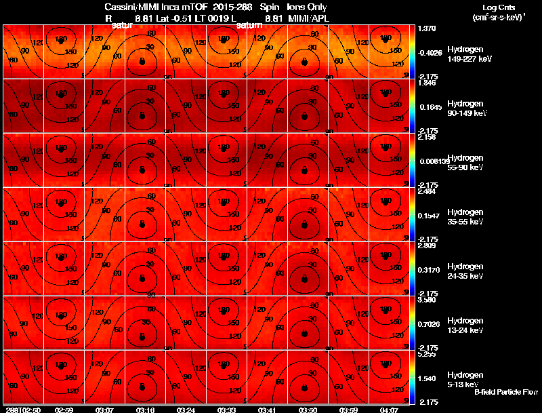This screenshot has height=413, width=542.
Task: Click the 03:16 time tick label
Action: [x=146, y=410]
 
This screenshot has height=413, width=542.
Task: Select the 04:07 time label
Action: [x=389, y=410]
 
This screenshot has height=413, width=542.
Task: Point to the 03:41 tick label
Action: [x=268, y=410]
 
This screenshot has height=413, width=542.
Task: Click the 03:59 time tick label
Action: [x=348, y=410]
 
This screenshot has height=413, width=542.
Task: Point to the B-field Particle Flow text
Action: [x=506, y=392]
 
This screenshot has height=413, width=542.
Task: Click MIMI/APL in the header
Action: [x=308, y=18]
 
